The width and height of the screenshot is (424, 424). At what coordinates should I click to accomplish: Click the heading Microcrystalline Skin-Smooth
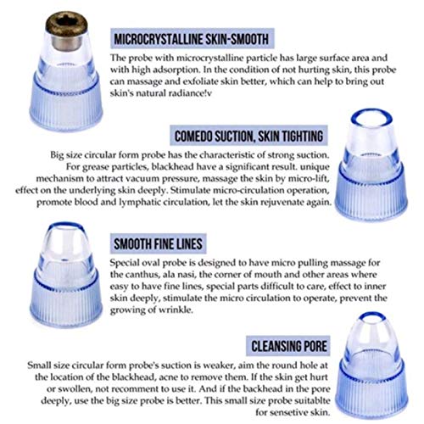191,39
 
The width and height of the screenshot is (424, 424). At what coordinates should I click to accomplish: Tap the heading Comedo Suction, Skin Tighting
248,136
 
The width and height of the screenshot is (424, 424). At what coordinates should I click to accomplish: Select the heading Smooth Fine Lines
158,244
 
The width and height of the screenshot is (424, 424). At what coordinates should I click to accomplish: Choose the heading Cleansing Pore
289,346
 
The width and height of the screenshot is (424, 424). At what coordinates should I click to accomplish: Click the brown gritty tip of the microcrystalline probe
67,24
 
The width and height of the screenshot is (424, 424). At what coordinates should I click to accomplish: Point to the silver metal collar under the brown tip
67,43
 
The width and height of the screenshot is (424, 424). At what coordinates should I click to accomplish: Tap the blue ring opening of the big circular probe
371,117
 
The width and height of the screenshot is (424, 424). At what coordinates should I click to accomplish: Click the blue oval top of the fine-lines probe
67,226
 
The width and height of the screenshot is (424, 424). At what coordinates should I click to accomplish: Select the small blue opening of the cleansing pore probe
371,318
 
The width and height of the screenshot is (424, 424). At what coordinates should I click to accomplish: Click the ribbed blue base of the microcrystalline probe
66,103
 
